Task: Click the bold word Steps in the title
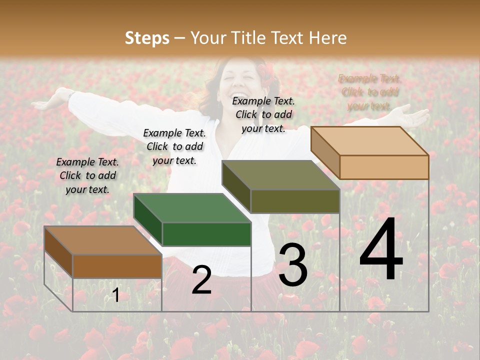147,38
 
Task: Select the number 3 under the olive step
292,265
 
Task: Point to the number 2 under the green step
201,280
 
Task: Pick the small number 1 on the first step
115,295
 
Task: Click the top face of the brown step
102,240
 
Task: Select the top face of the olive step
280,175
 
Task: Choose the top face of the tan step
369,141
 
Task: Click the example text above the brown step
88,175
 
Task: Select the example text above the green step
174,146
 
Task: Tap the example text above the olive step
263,114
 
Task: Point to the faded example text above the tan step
369,92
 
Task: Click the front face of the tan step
384,167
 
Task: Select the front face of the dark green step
206,234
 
